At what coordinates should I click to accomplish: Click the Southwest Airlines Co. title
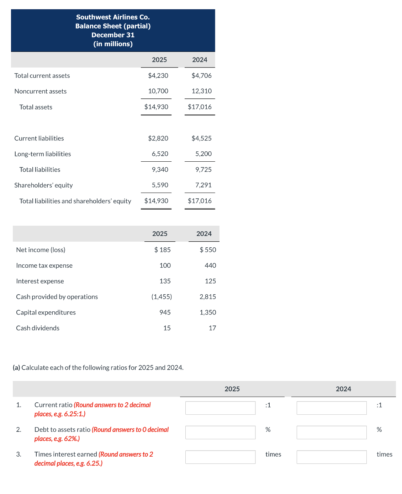113,17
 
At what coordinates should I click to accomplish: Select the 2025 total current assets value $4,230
158,76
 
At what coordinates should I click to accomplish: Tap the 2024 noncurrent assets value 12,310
201,91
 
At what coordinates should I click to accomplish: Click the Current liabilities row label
39,138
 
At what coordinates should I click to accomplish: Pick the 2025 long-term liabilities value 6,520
160,154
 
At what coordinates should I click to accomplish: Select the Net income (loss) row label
41,250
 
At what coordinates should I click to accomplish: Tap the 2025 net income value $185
163,250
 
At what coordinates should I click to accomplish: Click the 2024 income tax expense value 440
210,265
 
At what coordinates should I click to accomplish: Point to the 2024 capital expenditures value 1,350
208,312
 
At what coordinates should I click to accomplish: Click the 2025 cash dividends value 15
167,328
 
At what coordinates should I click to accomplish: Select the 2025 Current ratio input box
220,408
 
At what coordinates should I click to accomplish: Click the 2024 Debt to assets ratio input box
332,432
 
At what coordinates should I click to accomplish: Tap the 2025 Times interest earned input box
220,457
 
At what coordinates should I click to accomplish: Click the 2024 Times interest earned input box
332,457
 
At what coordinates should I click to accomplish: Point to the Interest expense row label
40,281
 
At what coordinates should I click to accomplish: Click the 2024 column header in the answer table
343,389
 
